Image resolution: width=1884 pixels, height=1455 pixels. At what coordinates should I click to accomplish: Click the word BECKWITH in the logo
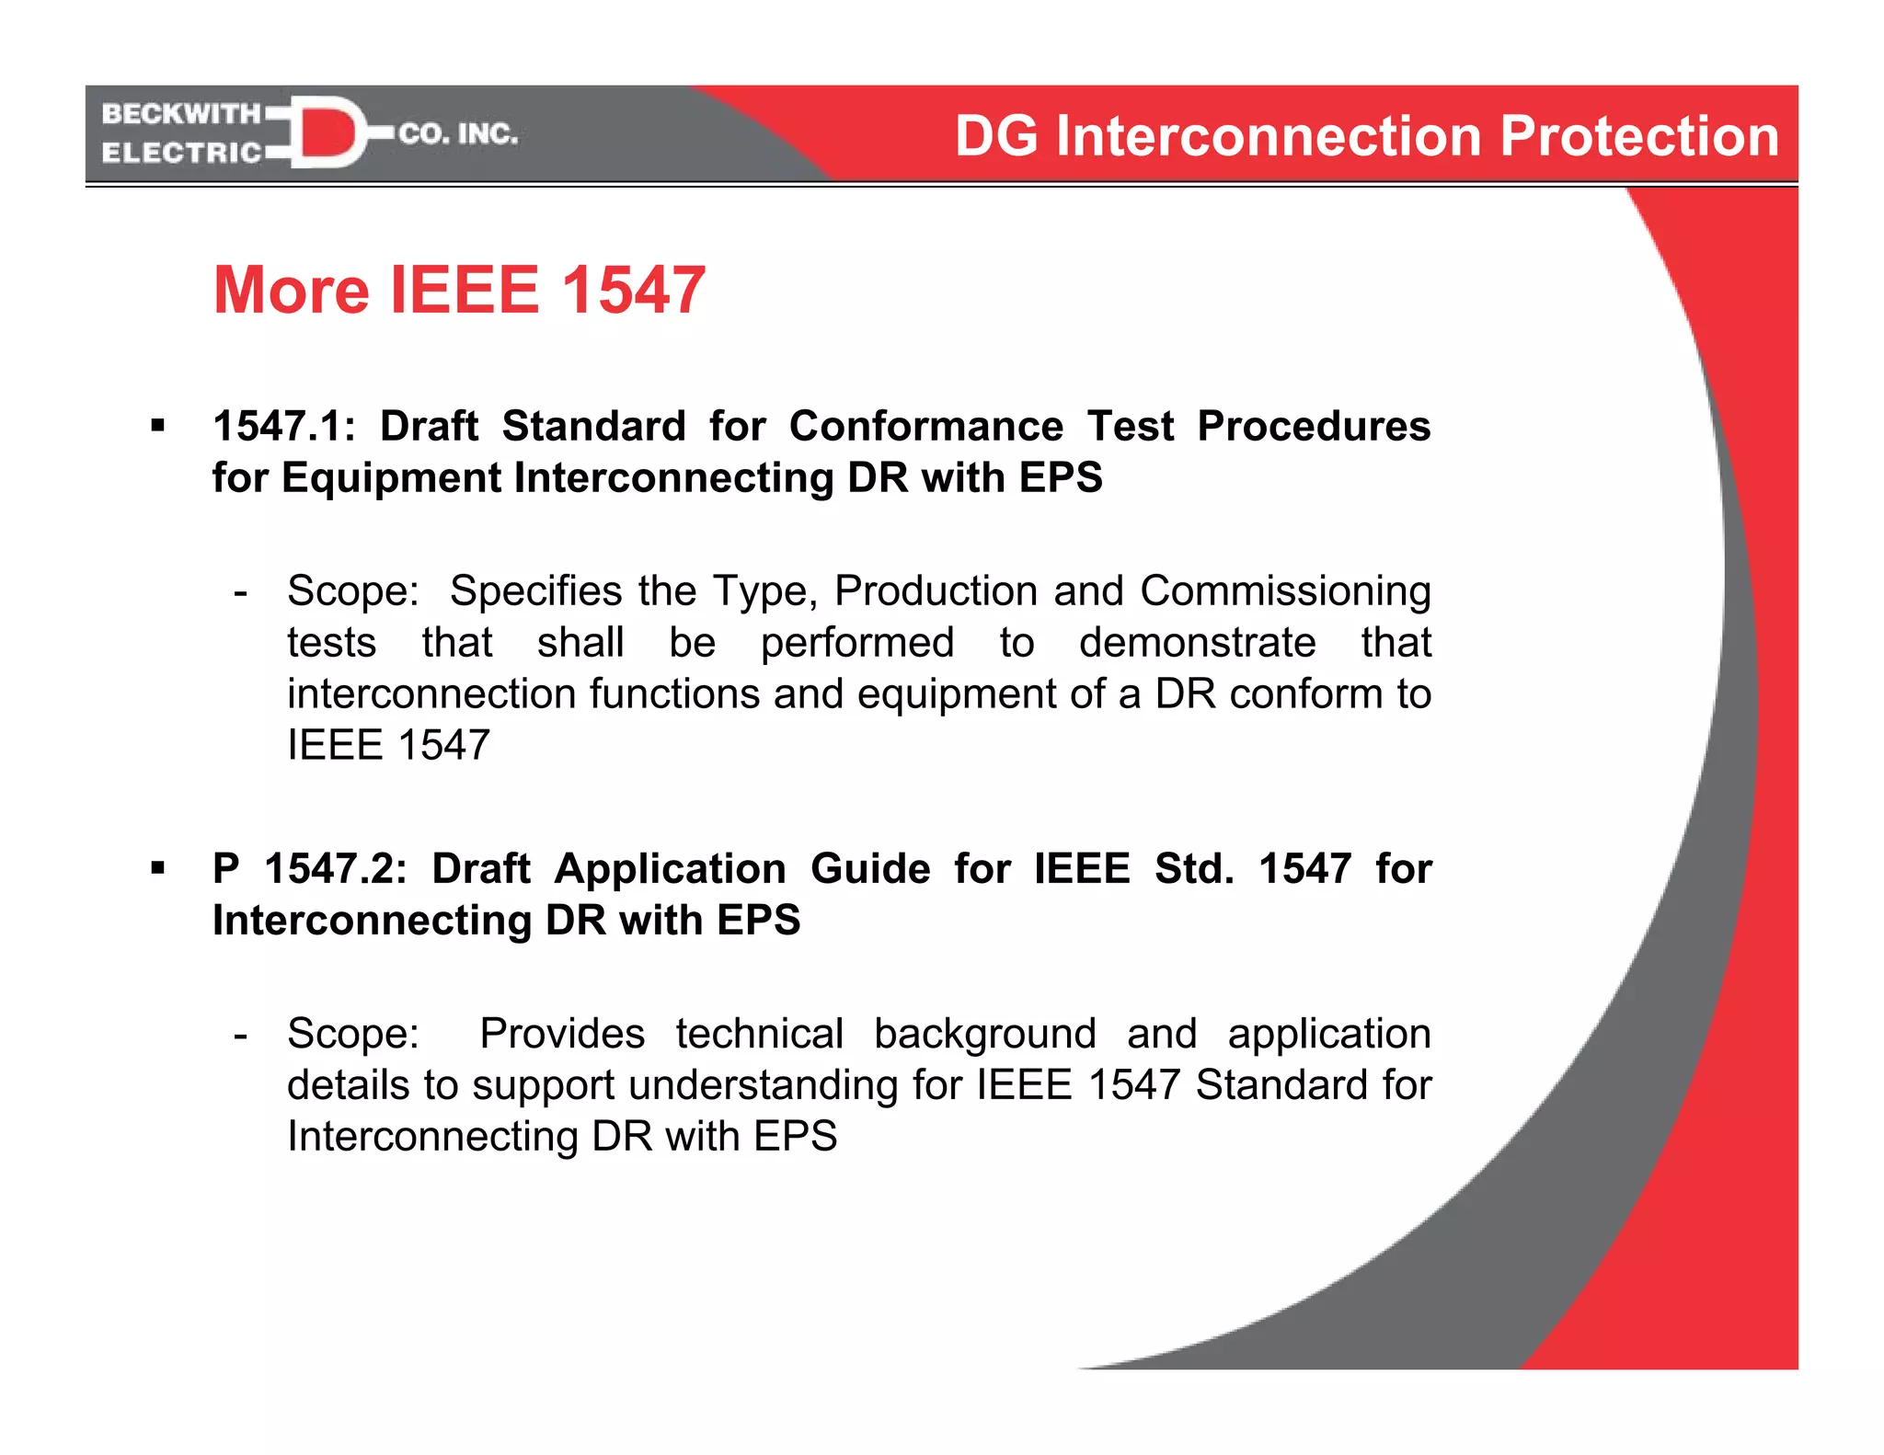click(181, 113)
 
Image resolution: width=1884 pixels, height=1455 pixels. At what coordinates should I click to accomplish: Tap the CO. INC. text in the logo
click(458, 134)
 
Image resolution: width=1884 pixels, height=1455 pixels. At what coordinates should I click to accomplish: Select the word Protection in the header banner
click(1639, 137)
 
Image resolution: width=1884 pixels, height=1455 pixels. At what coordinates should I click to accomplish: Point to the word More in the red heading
click(291, 291)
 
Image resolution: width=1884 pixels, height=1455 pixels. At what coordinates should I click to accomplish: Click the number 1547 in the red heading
click(633, 291)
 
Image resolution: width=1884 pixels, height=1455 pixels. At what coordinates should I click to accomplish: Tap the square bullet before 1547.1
click(158, 426)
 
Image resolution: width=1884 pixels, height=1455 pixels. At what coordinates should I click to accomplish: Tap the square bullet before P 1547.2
click(158, 868)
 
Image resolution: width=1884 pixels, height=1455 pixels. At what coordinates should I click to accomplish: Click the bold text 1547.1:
click(284, 427)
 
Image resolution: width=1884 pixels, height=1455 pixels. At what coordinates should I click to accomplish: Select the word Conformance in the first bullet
click(925, 427)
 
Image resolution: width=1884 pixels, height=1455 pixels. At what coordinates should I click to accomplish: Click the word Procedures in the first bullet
click(1313, 427)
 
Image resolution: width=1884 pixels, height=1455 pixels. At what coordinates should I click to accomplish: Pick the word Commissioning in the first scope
click(1285, 591)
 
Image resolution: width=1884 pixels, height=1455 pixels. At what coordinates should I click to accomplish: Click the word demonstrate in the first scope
click(1197, 643)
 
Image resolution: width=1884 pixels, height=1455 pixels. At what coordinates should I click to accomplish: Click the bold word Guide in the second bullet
click(869, 869)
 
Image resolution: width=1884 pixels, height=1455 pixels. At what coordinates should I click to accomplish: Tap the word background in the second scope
click(984, 1035)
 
